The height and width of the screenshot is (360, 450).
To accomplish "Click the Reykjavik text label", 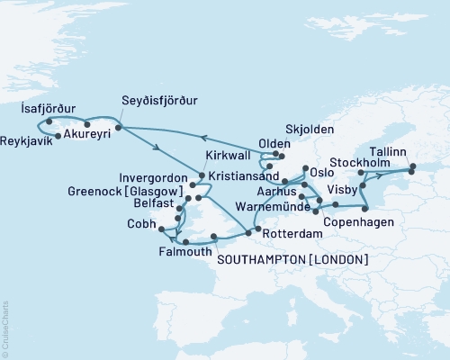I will (x=28, y=141).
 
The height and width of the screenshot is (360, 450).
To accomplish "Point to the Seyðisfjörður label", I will (x=159, y=101).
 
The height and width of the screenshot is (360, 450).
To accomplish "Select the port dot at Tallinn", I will (x=413, y=166).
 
